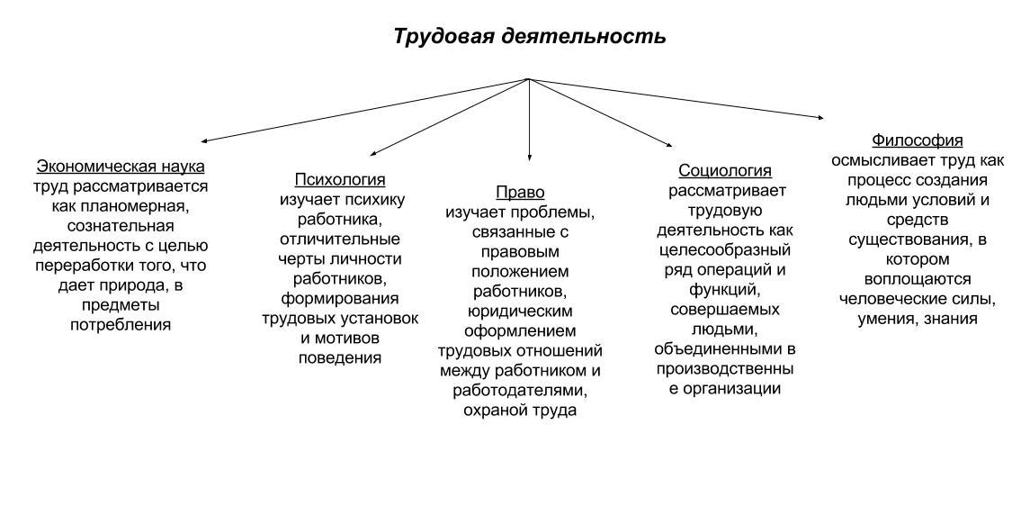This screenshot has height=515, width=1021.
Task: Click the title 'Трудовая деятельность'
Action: click(x=530, y=37)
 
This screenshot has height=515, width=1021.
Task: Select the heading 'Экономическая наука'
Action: click(x=121, y=167)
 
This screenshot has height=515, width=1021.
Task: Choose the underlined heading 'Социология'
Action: click(x=725, y=171)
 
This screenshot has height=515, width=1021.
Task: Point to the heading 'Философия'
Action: click(x=917, y=140)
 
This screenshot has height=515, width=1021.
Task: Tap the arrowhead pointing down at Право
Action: click(x=529, y=157)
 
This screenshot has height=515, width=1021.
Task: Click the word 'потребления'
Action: click(x=121, y=325)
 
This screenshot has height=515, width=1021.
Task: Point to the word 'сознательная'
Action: click(x=121, y=225)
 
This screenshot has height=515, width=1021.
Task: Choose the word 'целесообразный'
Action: click(x=725, y=250)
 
